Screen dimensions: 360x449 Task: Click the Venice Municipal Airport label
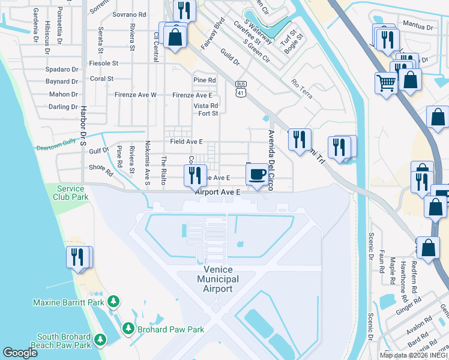click(217, 280)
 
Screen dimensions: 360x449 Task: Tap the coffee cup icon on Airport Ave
click(258, 175)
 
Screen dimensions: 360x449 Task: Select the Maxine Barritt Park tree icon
click(112, 301)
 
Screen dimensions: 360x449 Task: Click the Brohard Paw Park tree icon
click(128, 328)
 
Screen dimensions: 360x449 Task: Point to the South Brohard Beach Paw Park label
click(64, 341)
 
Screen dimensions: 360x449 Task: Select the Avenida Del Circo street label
click(271, 161)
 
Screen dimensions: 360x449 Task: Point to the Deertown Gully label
click(58, 147)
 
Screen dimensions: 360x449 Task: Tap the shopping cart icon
click(385, 82)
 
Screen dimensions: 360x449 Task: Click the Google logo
click(20, 353)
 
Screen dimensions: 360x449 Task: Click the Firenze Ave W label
click(136, 95)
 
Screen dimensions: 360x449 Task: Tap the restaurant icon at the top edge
click(184, 10)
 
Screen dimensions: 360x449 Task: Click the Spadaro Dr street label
click(62, 70)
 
